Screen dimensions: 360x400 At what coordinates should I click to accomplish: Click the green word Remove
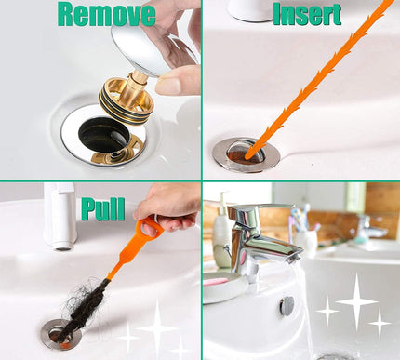click(105, 14)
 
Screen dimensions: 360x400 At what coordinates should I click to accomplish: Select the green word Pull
click(102, 208)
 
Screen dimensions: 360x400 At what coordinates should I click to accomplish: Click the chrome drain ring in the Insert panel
click(244, 153)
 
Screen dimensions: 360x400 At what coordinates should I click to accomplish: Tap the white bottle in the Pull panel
click(60, 214)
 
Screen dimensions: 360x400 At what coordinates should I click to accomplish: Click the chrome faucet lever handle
click(246, 217)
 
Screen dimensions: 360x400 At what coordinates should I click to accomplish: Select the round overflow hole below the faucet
click(287, 305)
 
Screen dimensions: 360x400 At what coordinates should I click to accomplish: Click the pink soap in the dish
click(218, 280)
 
